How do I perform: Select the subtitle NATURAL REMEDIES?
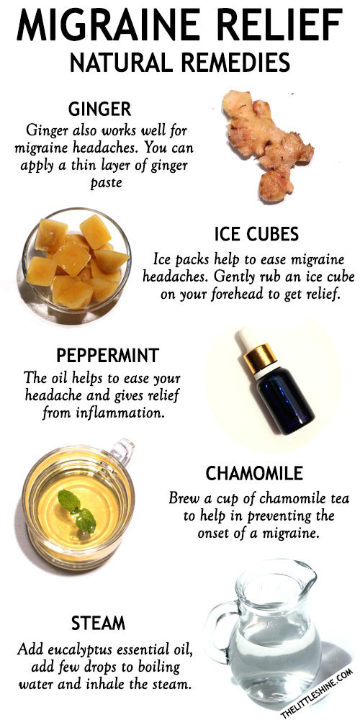[180, 62]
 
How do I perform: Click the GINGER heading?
[99, 109]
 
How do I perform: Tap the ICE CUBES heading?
[256, 234]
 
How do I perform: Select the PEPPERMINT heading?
[108, 356]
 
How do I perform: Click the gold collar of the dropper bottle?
[260, 358]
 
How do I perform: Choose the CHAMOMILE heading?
[254, 474]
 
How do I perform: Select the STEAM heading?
[98, 624]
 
